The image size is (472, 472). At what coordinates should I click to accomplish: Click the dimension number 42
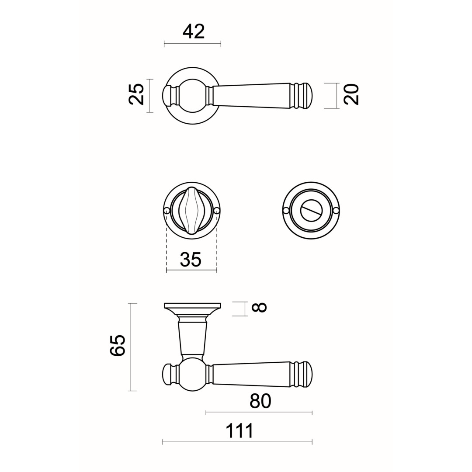pos(193,31)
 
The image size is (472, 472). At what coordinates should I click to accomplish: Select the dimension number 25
pos(136,94)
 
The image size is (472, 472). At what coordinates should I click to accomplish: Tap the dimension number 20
pos(351,94)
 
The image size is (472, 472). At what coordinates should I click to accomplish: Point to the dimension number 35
pos(191,259)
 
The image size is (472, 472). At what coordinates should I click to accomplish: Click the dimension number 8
pos(259,308)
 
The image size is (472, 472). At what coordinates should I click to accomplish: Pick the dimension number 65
pos(118,346)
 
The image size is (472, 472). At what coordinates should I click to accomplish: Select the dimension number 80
pos(260,401)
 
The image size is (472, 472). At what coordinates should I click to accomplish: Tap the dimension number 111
pos(239,431)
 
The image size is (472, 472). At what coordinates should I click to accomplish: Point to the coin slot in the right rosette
pos(311,211)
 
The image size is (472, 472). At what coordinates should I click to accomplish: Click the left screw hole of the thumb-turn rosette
pos(167,211)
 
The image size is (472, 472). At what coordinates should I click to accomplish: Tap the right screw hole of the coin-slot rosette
pos(336,211)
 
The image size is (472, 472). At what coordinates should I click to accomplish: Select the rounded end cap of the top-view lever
pos(309,95)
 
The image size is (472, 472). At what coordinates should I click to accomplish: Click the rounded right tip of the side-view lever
pos(309,374)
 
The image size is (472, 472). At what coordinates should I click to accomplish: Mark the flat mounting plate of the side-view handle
pos(192,305)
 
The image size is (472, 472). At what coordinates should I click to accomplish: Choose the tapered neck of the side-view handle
pos(192,339)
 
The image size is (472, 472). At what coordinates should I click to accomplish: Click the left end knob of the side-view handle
pos(166,374)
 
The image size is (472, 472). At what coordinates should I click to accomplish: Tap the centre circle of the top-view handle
pos(192,95)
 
